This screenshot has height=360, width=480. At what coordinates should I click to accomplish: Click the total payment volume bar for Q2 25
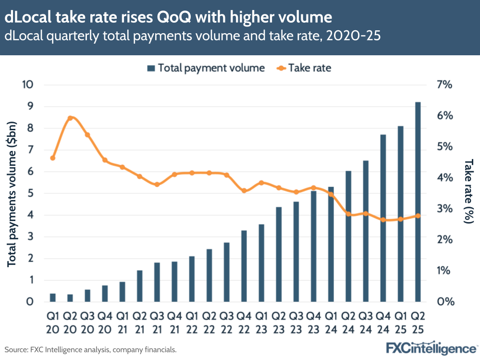(x=418, y=202)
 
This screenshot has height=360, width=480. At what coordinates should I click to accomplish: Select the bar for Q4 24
(x=383, y=218)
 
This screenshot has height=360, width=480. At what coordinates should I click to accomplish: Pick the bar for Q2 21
(x=140, y=286)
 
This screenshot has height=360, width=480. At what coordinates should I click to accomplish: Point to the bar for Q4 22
(x=244, y=266)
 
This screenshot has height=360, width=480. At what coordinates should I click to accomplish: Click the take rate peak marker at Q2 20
(x=70, y=118)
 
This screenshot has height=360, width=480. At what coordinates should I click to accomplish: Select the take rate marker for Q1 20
(x=53, y=158)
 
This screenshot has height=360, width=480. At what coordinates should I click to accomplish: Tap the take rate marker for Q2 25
(x=418, y=216)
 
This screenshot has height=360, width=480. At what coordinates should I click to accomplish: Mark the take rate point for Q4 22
(x=244, y=191)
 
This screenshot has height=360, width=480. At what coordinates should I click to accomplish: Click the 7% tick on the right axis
(x=444, y=85)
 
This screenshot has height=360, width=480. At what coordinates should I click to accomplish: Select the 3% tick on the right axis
(x=444, y=209)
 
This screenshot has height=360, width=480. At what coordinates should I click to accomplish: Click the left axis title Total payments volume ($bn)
(x=13, y=193)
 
